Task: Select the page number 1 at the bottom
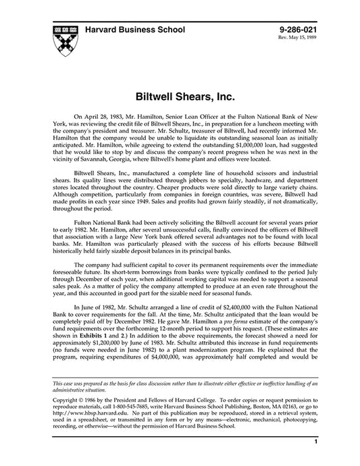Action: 315,459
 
